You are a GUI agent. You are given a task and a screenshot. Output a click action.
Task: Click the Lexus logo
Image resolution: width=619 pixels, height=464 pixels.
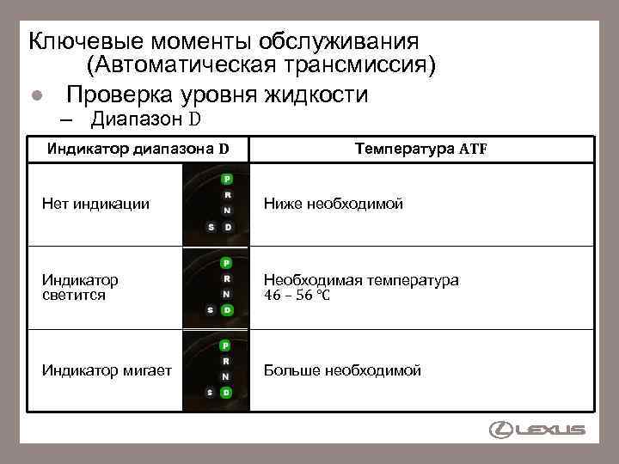click(x=537, y=430)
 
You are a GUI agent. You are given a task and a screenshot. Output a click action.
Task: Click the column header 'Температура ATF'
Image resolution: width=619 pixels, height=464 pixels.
click(x=421, y=148)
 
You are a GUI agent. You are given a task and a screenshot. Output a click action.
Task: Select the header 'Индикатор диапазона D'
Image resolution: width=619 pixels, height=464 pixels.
click(x=138, y=148)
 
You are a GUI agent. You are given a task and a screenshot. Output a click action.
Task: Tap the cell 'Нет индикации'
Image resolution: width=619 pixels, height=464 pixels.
click(x=95, y=205)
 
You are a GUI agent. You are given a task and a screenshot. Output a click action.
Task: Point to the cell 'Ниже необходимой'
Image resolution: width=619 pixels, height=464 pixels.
click(x=334, y=205)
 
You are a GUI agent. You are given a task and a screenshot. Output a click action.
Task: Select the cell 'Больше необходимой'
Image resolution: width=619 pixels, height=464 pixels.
click(x=342, y=370)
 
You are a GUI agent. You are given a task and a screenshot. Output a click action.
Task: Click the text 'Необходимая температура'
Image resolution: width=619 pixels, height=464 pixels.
click(x=361, y=280)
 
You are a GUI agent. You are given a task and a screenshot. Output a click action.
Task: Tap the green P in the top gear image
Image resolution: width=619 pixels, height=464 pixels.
click(x=226, y=179)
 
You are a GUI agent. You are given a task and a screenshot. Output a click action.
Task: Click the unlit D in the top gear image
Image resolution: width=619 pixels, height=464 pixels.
click(x=227, y=227)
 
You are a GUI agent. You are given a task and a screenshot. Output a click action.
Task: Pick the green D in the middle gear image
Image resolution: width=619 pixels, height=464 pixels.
click(x=227, y=309)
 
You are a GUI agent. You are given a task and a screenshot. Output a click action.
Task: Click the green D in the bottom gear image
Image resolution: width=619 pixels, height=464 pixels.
click(x=226, y=392)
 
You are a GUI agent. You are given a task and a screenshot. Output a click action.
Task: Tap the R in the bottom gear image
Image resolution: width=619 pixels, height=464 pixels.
click(x=226, y=360)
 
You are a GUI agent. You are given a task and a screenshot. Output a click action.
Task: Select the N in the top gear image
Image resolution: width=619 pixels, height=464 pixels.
click(x=226, y=211)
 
